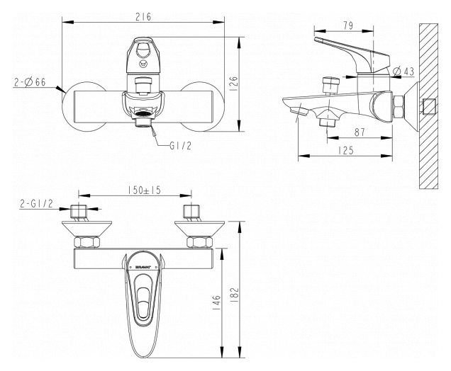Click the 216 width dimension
tap(143, 17)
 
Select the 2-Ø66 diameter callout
tap(30, 82)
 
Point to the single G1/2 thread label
tap(180, 146)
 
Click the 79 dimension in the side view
tap(348, 26)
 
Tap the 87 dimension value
tap(360, 132)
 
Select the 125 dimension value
tap(346, 151)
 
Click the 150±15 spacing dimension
tap(145, 190)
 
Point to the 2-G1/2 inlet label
tap(37, 204)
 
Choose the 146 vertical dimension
tap(217, 303)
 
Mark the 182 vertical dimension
tap(235, 293)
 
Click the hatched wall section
tap(428, 106)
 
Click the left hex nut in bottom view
tap(87, 241)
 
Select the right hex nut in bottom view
tap(199, 241)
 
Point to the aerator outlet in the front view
tap(143, 118)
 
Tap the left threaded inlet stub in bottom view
tap(79, 212)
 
